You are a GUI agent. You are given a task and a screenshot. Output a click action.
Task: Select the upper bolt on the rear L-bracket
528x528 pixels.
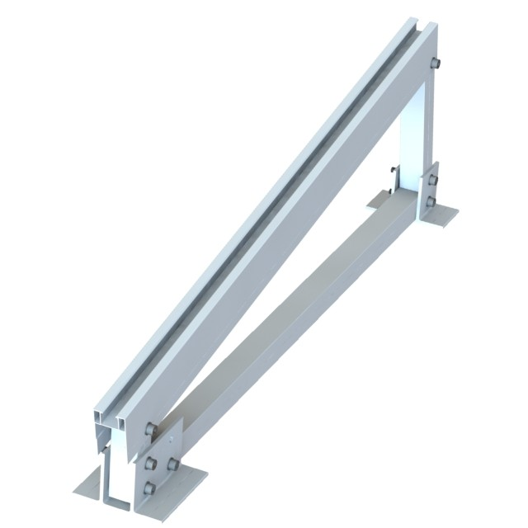431,179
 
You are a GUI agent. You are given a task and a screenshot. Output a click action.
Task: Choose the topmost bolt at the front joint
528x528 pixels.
150,428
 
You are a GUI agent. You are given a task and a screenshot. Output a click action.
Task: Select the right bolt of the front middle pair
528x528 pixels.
172,464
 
